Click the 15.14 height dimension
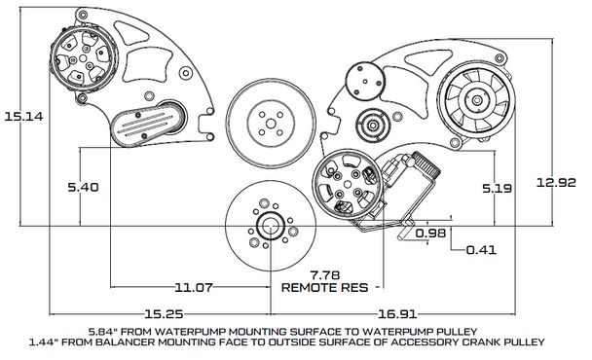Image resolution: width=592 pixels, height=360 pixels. point(23,116)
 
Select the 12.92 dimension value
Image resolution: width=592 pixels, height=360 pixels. point(556,183)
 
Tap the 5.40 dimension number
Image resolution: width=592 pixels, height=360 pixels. point(83,187)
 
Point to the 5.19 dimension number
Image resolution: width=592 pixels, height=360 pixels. point(497,188)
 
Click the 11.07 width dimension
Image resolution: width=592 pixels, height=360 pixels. point(194,288)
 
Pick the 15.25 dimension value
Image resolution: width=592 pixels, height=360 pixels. point(164,313)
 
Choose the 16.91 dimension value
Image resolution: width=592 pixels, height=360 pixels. point(397,313)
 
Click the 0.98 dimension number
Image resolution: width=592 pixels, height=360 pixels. point(430,233)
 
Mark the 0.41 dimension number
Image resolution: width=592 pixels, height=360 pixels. point(481,250)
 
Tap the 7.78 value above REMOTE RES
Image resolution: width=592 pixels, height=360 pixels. point(324,275)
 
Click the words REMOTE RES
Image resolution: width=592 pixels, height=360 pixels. point(324,288)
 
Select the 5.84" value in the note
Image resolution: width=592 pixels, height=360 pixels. point(104,332)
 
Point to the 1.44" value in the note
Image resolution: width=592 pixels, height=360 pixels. point(45,342)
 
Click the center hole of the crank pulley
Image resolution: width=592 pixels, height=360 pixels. point(270,227)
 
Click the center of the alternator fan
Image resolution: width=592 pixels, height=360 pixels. point(477,100)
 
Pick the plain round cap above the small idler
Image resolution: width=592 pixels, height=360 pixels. point(365,81)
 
